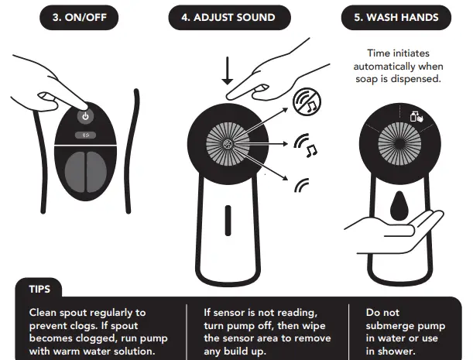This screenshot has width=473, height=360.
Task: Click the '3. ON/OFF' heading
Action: tap(79, 17)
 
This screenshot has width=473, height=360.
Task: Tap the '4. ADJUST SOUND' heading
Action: tap(228, 17)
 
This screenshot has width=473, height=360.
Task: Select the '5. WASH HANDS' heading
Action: tap(396, 17)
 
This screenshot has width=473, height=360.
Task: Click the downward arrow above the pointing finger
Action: tap(227, 71)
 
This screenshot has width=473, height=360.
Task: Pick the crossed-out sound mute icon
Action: tap(307, 101)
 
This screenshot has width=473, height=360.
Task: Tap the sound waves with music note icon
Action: tap(305, 145)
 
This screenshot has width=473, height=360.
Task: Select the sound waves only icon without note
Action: tap(302, 185)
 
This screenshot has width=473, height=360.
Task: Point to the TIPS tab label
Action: tap(39, 289)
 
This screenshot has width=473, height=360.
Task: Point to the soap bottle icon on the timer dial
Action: tap(416, 116)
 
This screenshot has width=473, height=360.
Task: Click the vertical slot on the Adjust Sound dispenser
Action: tap(228, 221)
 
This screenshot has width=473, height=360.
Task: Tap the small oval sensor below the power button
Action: tap(86, 135)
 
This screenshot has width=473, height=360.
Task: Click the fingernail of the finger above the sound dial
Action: tap(261, 88)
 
